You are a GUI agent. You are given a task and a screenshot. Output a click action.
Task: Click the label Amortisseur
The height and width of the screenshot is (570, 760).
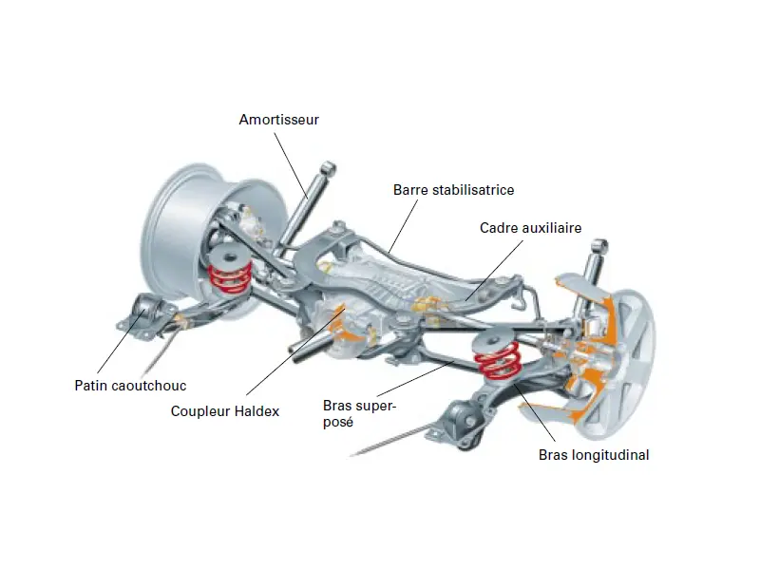(x=278, y=120)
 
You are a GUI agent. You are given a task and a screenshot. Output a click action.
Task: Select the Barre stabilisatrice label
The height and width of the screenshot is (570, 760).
(x=453, y=190)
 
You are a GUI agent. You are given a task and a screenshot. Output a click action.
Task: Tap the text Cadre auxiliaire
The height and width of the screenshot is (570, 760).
(x=530, y=228)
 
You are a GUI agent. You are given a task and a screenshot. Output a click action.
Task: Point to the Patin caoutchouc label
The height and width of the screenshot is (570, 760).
(x=130, y=386)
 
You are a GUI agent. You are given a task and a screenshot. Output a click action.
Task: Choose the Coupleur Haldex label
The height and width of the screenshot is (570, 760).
(x=225, y=411)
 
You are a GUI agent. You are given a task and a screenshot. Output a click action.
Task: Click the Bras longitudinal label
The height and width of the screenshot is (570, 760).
(x=594, y=455)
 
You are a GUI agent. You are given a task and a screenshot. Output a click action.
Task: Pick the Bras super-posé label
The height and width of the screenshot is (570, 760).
(x=359, y=414)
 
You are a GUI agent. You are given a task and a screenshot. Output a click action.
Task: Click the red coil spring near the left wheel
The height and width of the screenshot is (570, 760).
(x=229, y=274)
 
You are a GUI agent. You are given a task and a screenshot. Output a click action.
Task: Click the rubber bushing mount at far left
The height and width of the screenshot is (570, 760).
(x=146, y=313)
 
